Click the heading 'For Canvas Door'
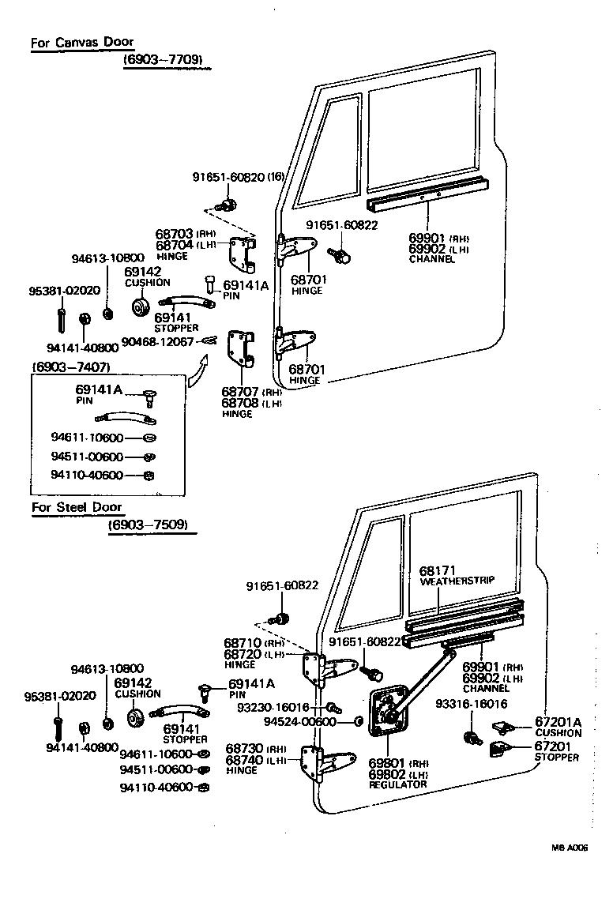[82, 42]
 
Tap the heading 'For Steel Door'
[77, 506]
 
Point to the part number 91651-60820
[228, 177]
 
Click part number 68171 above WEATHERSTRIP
[436, 570]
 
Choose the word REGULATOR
[397, 784]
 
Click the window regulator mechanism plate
[389, 716]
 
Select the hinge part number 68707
[239, 391]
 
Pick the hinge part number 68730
[244, 748]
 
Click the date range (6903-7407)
[70, 367]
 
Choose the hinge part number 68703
[175, 234]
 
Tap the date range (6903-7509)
[152, 523]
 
